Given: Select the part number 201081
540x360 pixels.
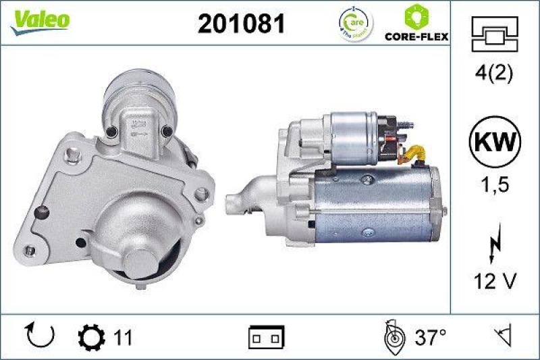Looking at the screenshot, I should tap(241, 24).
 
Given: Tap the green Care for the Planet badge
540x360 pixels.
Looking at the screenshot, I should tap(354, 24).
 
